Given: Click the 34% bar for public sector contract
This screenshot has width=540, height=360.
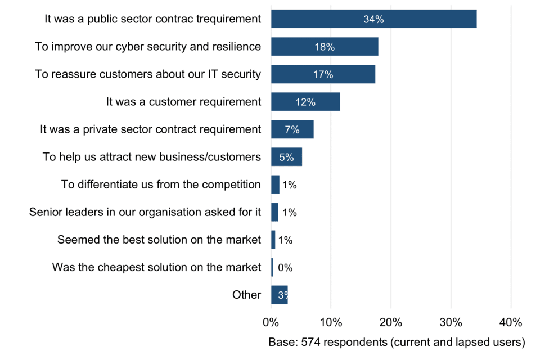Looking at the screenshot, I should point(373,19).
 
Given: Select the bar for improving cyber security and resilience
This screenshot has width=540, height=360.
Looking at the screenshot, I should point(325,47).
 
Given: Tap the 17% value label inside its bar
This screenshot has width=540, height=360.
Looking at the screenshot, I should point(323,74).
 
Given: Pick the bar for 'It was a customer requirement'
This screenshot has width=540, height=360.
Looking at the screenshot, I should point(305,102).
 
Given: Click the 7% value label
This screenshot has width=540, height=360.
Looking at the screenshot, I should point(292,129).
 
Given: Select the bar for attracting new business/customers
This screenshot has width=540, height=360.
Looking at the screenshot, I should point(286,157).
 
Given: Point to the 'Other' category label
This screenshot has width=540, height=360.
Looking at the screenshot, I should point(246,295).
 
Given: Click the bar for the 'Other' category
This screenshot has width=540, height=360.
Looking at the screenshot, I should point(279,295).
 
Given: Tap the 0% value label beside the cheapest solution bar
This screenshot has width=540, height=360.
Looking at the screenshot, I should point(285,268).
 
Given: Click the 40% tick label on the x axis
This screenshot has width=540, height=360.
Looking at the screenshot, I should point(511,323).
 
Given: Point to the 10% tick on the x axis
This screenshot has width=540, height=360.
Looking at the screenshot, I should point(331,323).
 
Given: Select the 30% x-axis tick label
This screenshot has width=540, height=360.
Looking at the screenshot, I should point(451,323).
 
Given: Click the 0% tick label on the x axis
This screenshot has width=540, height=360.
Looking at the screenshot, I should point(271,323).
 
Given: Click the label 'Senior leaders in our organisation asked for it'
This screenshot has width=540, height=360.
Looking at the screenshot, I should point(145,212).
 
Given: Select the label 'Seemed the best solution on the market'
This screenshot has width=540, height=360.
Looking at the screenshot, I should point(159,240).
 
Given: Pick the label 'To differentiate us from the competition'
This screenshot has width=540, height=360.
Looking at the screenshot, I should point(161,184).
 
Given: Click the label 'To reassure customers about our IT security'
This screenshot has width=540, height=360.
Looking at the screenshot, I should point(148,74).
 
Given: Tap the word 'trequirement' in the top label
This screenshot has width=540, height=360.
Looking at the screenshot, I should point(229,19).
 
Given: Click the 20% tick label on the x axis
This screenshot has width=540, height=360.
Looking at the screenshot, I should point(390,323).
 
